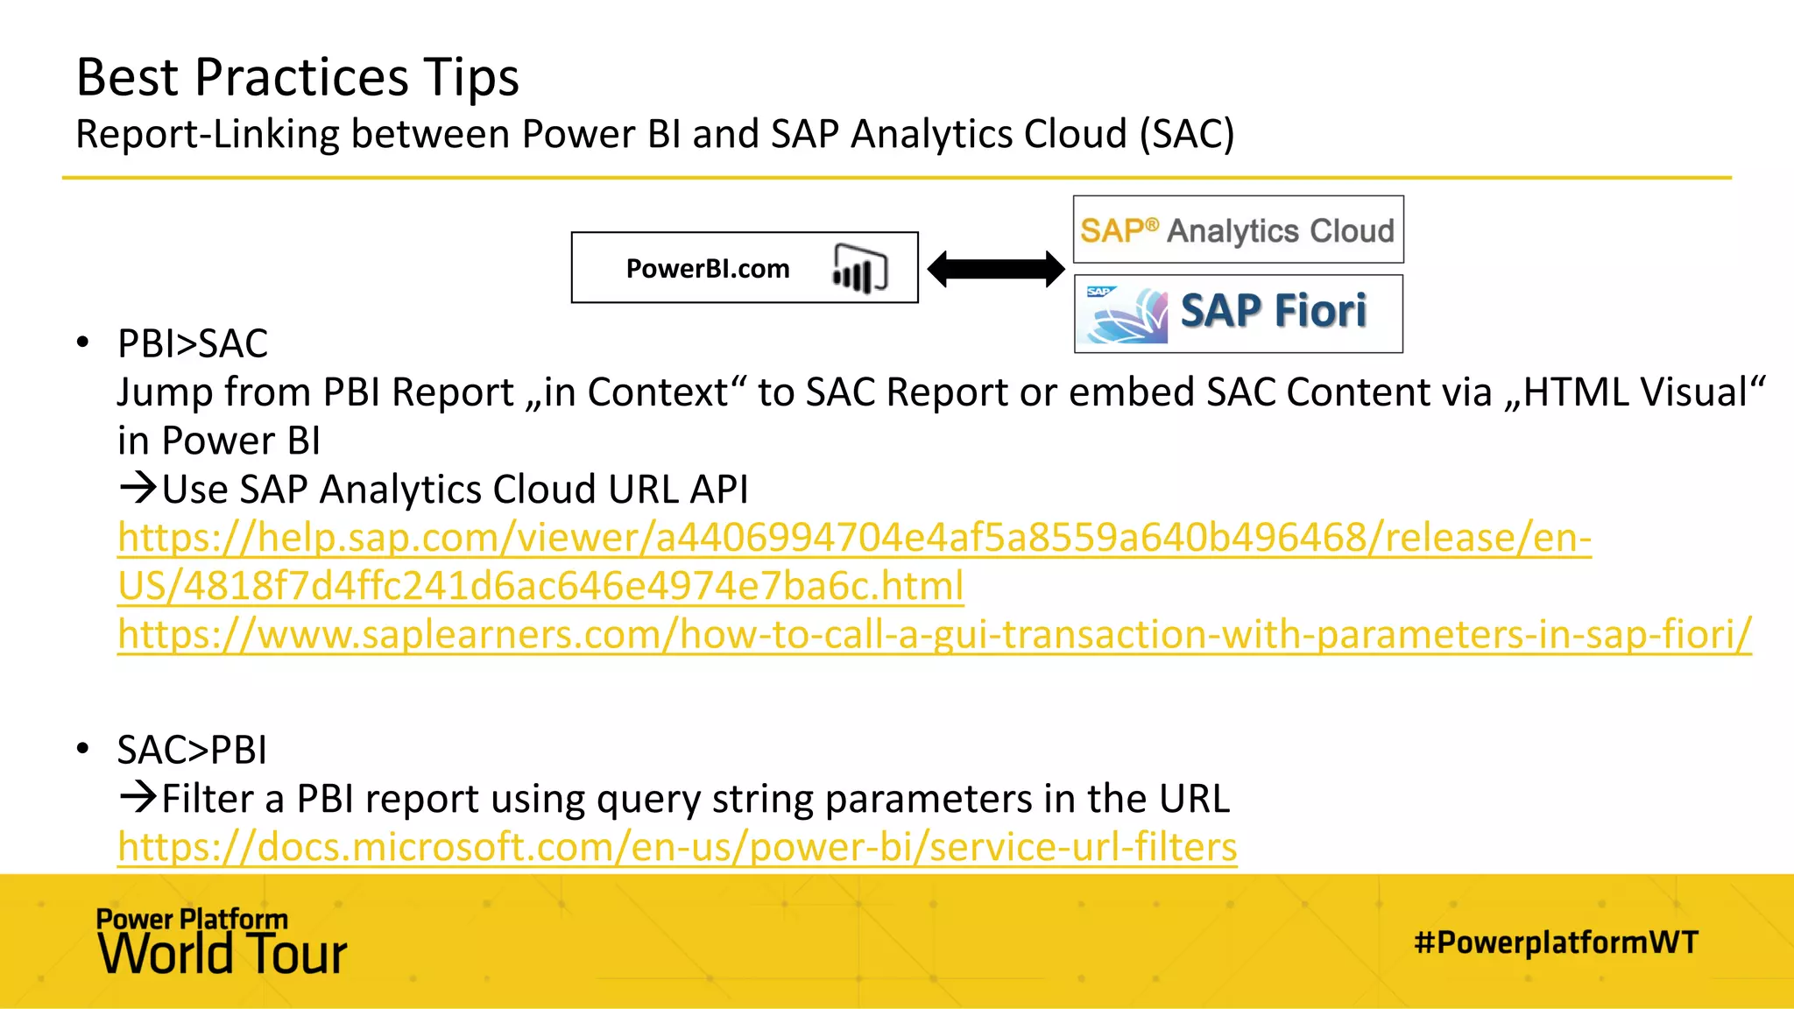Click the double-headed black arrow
tap(996, 269)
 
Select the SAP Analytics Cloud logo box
tap(1238, 230)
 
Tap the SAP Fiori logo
tap(1238, 314)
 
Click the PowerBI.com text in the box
tap(708, 269)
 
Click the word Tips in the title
tap(471, 77)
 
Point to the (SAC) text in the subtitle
tap(1187, 135)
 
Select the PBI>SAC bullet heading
tap(193, 343)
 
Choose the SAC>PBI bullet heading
tap(192, 750)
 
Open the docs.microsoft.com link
tap(677, 847)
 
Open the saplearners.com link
tap(934, 634)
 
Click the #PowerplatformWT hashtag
tap(1556, 942)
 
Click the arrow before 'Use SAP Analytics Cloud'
tap(138, 488)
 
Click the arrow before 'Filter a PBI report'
tap(138, 797)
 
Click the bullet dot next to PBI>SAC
tap(82, 342)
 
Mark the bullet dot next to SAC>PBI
tap(82, 749)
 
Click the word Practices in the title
tap(301, 77)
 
